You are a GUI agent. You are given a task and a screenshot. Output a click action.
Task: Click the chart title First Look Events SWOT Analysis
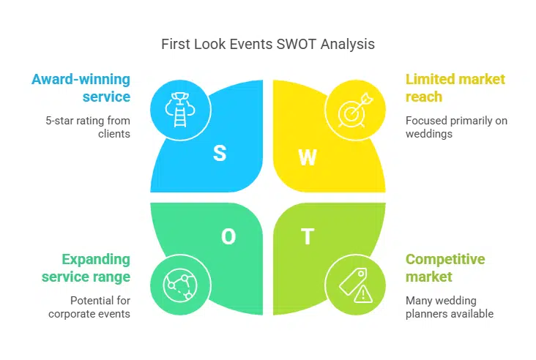pyautogui.click(x=268, y=44)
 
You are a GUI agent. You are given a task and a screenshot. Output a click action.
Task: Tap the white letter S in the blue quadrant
pyautogui.click(x=220, y=153)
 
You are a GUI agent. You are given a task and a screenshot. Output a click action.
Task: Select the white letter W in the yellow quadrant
pyautogui.click(x=308, y=157)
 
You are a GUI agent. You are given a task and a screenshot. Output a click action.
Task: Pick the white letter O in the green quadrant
pyautogui.click(x=228, y=236)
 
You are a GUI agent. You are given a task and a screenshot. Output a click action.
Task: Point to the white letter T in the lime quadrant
pyautogui.click(x=308, y=236)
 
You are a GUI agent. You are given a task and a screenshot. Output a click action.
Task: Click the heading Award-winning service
pyautogui.click(x=81, y=87)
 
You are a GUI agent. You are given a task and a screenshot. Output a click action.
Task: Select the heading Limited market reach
pyautogui.click(x=455, y=87)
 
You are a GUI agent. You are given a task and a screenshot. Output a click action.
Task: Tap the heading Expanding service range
pyautogui.click(x=86, y=268)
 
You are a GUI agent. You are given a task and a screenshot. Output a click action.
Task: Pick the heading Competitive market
pyautogui.click(x=445, y=268)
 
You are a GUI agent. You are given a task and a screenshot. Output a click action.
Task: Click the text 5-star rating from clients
pyautogui.click(x=89, y=127)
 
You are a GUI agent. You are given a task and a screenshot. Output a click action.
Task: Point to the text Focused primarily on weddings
pyautogui.click(x=456, y=127)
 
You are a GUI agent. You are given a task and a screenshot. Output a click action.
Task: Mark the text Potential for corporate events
pyautogui.click(x=89, y=307)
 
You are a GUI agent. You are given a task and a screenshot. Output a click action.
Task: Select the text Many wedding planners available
pyautogui.click(x=450, y=307)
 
